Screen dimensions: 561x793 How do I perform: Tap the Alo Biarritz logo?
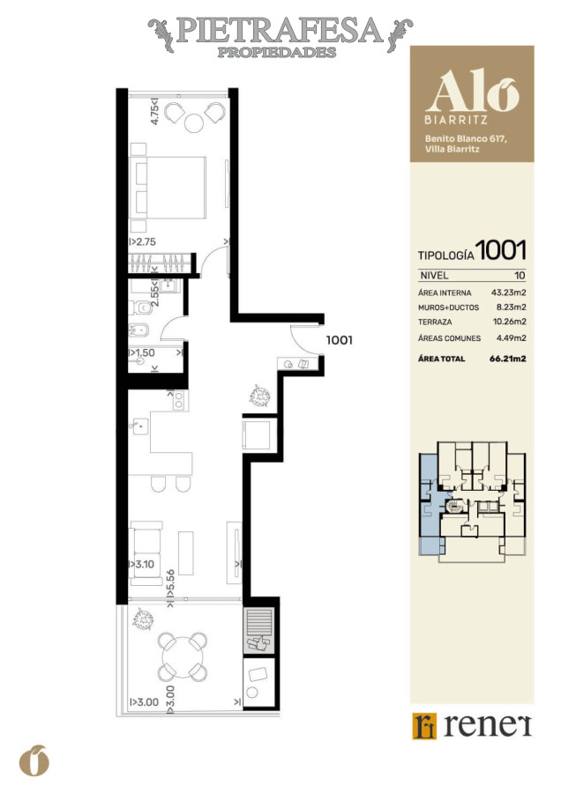pyautogui.click(x=472, y=97)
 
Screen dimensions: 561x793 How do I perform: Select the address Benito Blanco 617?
pyautogui.click(x=466, y=138)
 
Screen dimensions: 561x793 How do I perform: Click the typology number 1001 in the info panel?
pyautogui.click(x=501, y=250)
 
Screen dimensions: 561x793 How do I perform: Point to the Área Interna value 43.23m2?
pyautogui.click(x=508, y=293)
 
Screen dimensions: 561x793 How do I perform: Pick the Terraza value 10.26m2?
pyautogui.click(x=509, y=322)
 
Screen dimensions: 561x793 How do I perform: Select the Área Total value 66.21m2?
pyautogui.click(x=508, y=359)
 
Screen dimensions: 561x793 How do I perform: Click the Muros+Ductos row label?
pyautogui.click(x=448, y=307)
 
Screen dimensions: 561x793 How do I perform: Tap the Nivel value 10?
pyautogui.click(x=520, y=276)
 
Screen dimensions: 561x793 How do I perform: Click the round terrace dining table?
pyautogui.click(x=183, y=657)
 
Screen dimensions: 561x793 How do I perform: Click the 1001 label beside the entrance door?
pyautogui.click(x=339, y=340)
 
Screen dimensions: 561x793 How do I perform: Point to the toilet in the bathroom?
pyautogui.click(x=139, y=307)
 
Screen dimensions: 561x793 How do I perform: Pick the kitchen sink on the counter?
pyautogui.click(x=138, y=426)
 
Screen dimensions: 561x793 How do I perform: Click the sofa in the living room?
pyautogui.click(x=146, y=553)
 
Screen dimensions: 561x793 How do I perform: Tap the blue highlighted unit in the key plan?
pyautogui.click(x=431, y=506)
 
